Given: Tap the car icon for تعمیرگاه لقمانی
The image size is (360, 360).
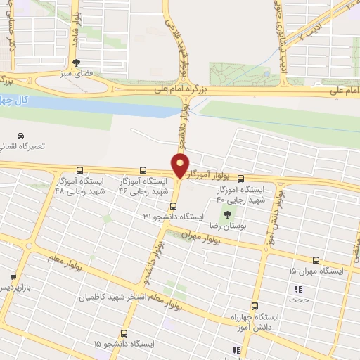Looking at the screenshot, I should click(21, 135).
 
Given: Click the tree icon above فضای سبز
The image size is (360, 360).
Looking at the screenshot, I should click(86, 62).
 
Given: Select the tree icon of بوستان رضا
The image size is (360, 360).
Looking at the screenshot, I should click(227, 214).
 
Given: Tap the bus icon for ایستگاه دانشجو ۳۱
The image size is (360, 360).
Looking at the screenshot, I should click(173, 207).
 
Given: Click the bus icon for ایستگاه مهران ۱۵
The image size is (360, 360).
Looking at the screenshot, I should click(316, 260).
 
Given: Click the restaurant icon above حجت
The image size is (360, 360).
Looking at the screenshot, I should click(298, 288).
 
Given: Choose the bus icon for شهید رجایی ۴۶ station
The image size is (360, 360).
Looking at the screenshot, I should click(143, 170).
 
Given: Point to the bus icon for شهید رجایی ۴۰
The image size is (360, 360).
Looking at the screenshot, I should click(241, 179).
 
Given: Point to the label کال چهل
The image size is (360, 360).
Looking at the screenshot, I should click(31, 100).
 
